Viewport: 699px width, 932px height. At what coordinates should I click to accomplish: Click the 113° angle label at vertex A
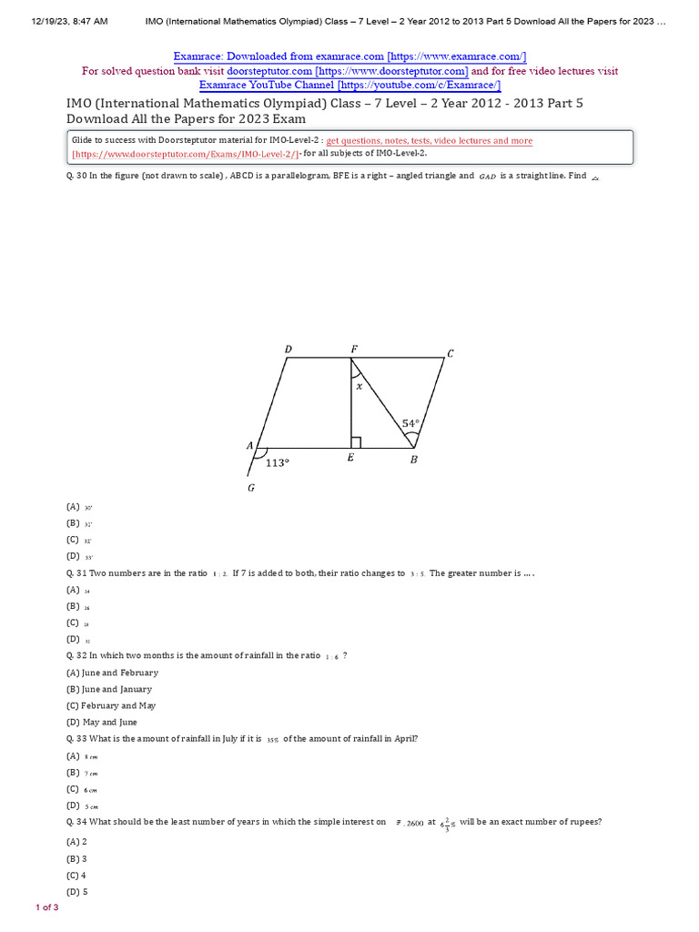277,462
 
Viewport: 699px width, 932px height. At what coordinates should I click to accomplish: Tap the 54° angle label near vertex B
410,423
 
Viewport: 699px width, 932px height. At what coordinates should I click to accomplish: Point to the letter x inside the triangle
359,386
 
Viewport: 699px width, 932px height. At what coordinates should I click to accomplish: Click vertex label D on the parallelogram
289,349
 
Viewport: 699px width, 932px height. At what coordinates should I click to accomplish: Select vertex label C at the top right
450,354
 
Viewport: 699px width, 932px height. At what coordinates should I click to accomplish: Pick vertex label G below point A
251,488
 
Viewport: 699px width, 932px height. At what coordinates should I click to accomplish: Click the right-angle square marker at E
356,442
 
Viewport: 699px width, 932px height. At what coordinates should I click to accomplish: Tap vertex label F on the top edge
354,349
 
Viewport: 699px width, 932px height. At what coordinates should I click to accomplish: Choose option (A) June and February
112,673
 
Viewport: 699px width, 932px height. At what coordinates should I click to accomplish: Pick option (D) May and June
102,722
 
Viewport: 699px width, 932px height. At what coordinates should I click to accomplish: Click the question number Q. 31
76,573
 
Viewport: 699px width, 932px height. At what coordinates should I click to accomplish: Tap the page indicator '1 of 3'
47,907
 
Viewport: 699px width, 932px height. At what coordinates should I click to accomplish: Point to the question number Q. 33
76,738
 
